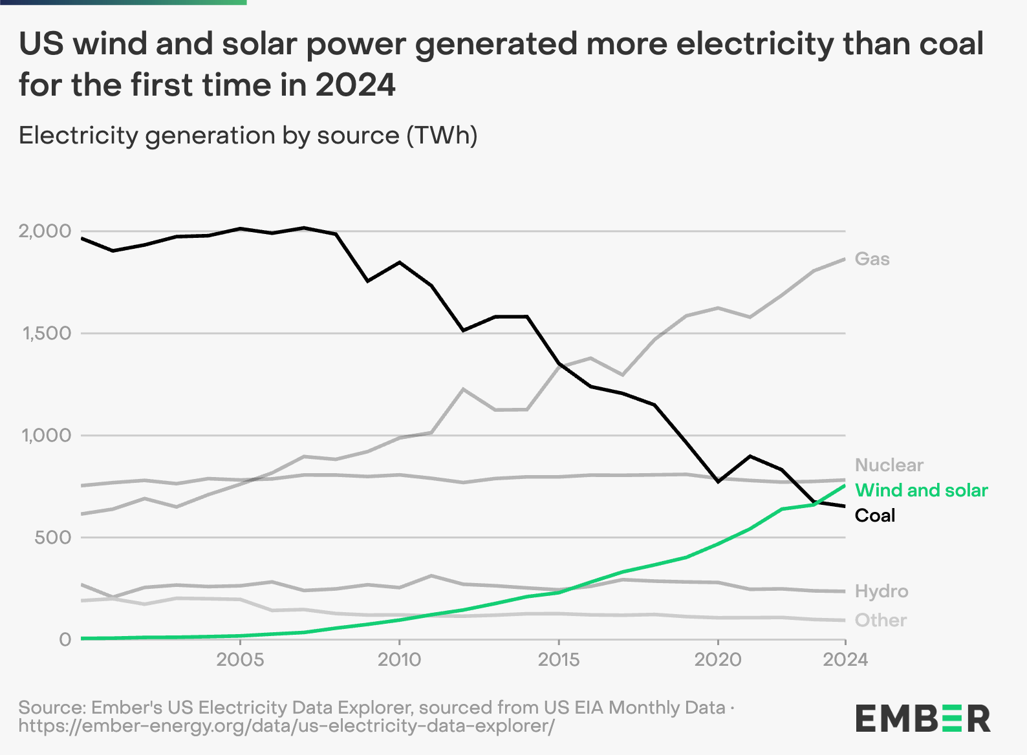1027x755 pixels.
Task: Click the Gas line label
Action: [x=872, y=259]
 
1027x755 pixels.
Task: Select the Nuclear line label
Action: [x=889, y=465]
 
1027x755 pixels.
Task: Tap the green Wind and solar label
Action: [x=921, y=491]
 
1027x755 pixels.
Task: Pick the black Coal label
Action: [x=874, y=516]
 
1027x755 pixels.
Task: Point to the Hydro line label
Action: [x=881, y=591]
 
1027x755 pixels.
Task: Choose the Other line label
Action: [x=880, y=621]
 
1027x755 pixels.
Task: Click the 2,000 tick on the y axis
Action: [x=45, y=231]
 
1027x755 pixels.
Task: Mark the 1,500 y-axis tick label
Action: [x=46, y=334]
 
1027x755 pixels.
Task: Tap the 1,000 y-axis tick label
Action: [x=46, y=436]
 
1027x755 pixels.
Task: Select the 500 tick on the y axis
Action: [x=53, y=538]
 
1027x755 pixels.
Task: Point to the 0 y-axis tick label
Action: [x=65, y=640]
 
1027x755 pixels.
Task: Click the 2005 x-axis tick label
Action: [x=240, y=660]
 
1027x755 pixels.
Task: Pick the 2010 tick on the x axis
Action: [x=399, y=660]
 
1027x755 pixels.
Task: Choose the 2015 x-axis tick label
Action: [x=559, y=660]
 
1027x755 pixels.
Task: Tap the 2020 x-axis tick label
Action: [x=718, y=660]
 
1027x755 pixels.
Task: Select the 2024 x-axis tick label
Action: [x=845, y=660]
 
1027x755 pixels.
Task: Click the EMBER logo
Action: [x=923, y=718]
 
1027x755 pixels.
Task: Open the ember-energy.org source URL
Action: [x=286, y=726]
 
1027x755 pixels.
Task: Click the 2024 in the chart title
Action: [x=355, y=85]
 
